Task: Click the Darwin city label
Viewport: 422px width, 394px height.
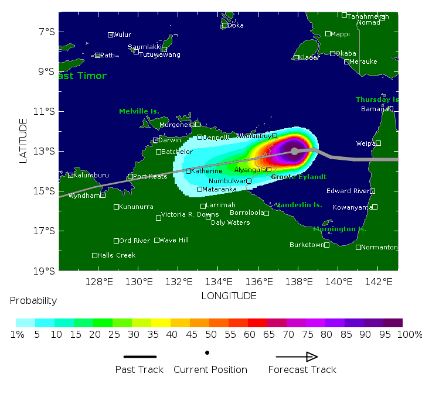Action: (x=170, y=140)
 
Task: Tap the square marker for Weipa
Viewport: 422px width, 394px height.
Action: (x=378, y=143)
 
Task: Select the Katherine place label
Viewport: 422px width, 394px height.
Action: (x=207, y=171)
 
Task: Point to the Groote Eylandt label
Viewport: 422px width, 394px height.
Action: (x=298, y=177)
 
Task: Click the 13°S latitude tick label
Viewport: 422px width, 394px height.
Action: (x=46, y=151)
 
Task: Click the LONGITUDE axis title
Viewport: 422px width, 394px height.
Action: (x=229, y=296)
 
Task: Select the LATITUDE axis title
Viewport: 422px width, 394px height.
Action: (x=24, y=141)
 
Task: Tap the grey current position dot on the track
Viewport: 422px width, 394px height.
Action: (x=294, y=151)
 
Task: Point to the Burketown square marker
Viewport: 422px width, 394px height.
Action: (x=326, y=245)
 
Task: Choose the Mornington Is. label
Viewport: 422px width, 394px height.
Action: (x=339, y=229)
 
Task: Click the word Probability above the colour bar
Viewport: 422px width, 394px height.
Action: (x=33, y=301)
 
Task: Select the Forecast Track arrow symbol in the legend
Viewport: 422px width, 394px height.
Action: (x=297, y=357)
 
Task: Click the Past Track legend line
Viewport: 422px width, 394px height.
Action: (x=140, y=357)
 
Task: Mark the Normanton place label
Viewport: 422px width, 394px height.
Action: (x=379, y=247)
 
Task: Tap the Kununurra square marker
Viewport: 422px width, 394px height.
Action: (x=117, y=207)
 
